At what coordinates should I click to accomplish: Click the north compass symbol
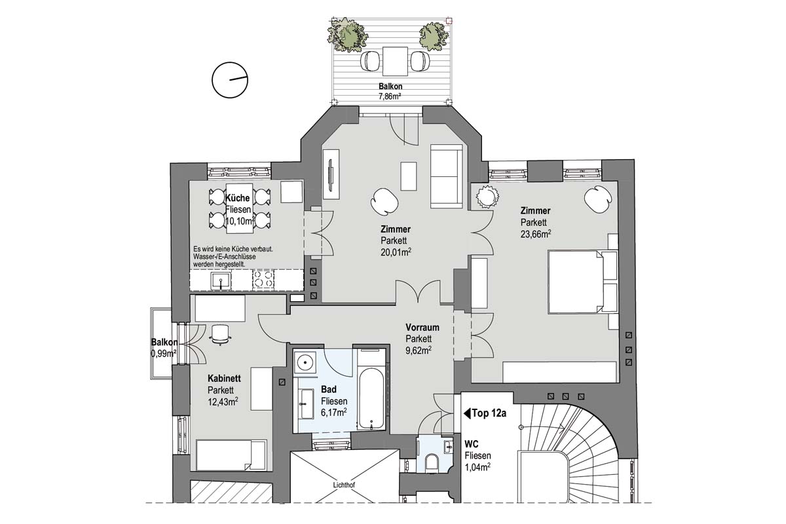[x=229, y=80]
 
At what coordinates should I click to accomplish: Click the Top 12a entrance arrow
[x=468, y=414]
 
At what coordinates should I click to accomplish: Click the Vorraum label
[x=422, y=327]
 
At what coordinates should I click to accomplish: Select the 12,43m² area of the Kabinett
[x=222, y=402]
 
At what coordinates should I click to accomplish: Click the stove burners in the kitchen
[x=263, y=281]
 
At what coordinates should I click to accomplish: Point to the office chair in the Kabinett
[x=220, y=335]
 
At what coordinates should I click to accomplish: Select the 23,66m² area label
[x=535, y=233]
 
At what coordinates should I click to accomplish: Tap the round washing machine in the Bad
[x=305, y=362]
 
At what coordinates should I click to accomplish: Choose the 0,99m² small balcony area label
[x=163, y=354]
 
